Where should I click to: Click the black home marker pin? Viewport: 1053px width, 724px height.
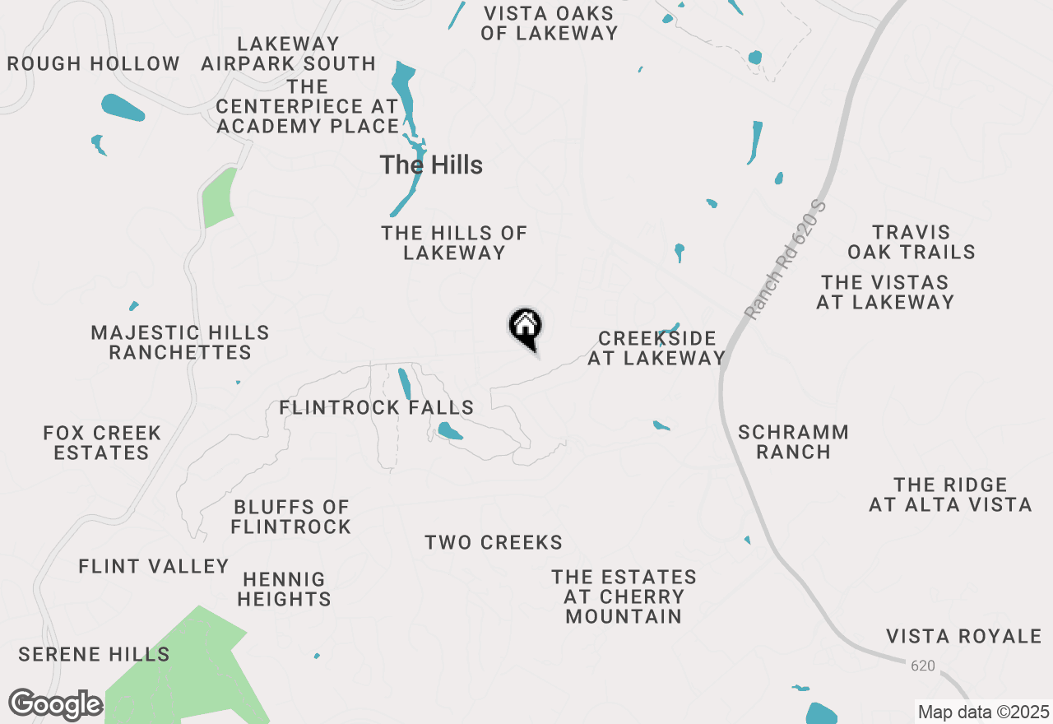pyautogui.click(x=525, y=327)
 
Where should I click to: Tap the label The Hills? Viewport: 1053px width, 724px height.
pyautogui.click(x=431, y=165)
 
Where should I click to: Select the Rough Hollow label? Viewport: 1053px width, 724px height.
pyautogui.click(x=93, y=63)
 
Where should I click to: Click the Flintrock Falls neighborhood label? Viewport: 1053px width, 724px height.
pyautogui.click(x=376, y=407)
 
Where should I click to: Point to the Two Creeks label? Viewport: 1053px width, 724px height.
pyautogui.click(x=494, y=542)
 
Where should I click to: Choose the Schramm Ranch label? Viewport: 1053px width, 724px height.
pyautogui.click(x=793, y=442)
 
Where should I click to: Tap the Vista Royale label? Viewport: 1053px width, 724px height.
pyautogui.click(x=964, y=636)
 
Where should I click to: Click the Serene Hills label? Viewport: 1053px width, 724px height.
pyautogui.click(x=94, y=655)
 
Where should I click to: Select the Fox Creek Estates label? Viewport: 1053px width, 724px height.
pyautogui.click(x=102, y=443)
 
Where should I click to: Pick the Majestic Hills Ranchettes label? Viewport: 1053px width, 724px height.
pyautogui.click(x=180, y=342)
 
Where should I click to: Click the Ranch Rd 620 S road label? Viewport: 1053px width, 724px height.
pyautogui.click(x=784, y=258)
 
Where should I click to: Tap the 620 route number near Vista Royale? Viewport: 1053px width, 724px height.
pyautogui.click(x=923, y=665)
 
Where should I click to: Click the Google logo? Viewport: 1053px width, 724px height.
pyautogui.click(x=55, y=704)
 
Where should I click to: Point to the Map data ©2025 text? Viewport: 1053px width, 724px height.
pyautogui.click(x=984, y=712)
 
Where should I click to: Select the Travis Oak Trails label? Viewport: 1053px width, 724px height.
pyautogui.click(x=912, y=242)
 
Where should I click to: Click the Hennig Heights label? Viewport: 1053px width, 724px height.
pyautogui.click(x=284, y=590)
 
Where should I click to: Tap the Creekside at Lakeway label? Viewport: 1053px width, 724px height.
pyautogui.click(x=656, y=348)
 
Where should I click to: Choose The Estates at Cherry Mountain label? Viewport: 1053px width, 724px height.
pyautogui.click(x=624, y=596)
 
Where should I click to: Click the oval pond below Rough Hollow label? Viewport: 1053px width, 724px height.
pyautogui.click(x=123, y=107)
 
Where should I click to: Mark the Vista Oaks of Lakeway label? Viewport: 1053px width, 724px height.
pyautogui.click(x=549, y=23)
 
